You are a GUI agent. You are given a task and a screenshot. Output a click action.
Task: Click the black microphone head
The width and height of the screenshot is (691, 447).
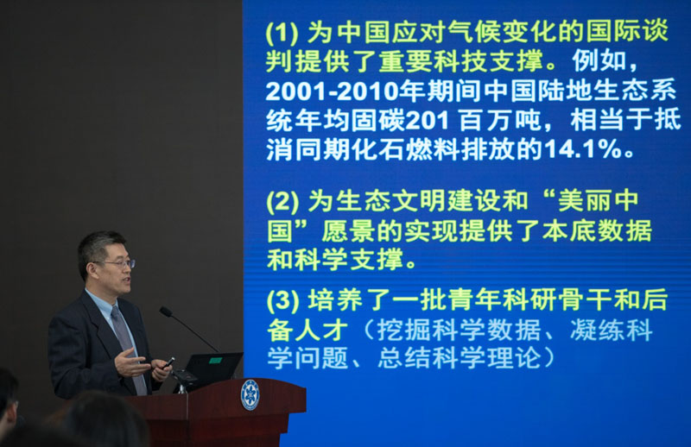166,312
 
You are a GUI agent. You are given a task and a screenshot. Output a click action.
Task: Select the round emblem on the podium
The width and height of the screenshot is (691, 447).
250,394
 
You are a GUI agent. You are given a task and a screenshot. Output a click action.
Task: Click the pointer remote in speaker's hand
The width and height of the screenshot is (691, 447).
168,363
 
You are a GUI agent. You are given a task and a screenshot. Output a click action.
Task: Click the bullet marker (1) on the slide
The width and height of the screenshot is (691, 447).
282,33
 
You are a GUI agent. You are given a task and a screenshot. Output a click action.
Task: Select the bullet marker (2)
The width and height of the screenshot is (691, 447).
282,202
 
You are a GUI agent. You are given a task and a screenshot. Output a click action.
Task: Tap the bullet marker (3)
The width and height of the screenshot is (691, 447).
282,300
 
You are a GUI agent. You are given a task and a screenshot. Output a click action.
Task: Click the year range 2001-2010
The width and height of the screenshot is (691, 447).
332,91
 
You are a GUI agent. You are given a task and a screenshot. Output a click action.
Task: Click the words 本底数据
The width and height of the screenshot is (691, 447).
597,230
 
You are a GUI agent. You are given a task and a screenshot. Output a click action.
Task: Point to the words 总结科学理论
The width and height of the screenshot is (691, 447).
460,358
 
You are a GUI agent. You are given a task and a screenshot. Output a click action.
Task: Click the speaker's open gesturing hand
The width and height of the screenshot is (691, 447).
131,362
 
